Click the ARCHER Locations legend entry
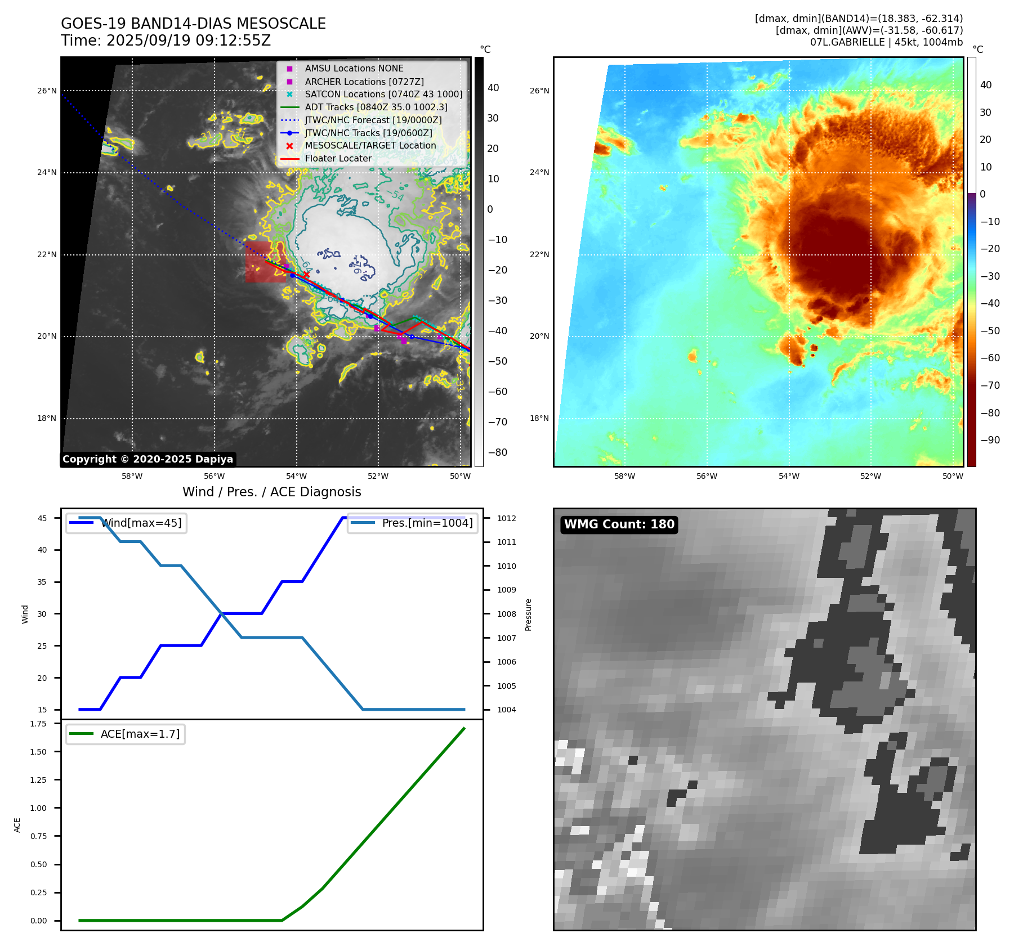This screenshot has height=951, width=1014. coord(364,82)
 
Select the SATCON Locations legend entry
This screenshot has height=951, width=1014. coord(383,94)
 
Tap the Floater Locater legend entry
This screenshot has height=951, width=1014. coord(338,158)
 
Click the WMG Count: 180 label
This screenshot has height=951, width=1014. coord(619,524)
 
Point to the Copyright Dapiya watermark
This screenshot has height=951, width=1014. coord(148,459)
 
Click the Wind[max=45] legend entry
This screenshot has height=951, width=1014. coord(141,523)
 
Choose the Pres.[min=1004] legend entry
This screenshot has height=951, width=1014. coord(427,523)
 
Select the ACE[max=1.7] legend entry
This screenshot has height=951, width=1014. coord(140,734)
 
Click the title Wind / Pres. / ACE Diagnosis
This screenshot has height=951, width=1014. coord(271,492)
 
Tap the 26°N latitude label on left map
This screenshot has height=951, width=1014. coord(47,91)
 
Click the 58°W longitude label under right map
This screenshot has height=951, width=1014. coord(624,476)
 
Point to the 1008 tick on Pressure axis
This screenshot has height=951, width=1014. coord(506,614)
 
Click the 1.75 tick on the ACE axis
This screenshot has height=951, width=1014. coord(38,724)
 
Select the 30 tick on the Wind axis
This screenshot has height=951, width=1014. coord(42,614)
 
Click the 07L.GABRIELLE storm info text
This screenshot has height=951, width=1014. coord(886,42)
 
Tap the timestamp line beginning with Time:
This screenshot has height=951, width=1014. coord(166,41)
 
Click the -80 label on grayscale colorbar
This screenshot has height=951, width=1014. coord(497,452)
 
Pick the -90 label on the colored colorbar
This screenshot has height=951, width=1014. coord(990,440)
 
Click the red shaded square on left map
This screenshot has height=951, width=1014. coord(260,262)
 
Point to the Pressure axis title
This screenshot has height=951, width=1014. coord(528,614)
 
